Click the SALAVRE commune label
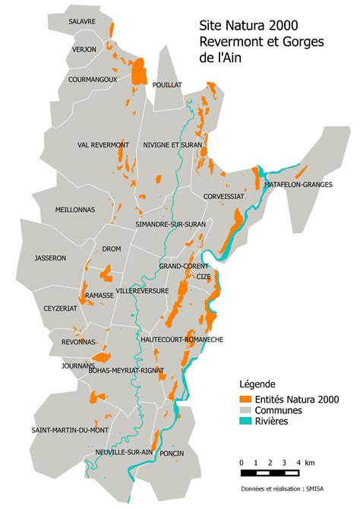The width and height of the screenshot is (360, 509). click(x=82, y=22)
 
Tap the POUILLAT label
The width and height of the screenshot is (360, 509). click(x=167, y=85)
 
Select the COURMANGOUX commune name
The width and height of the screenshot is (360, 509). click(x=93, y=78)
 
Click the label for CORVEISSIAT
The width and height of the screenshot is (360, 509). click(x=224, y=196)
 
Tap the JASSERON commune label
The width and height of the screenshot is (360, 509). click(x=51, y=258)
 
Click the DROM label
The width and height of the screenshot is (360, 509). click(x=112, y=248)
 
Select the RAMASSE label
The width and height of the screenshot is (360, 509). click(x=99, y=295)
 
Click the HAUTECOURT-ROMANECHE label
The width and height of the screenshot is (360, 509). click(x=182, y=340)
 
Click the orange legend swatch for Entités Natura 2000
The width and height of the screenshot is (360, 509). click(x=245, y=399)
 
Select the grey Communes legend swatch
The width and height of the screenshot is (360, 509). click(x=245, y=410)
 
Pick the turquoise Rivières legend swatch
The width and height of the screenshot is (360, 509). click(x=245, y=422)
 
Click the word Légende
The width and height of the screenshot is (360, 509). click(x=257, y=384)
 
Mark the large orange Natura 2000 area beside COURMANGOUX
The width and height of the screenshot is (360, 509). click(x=139, y=73)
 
